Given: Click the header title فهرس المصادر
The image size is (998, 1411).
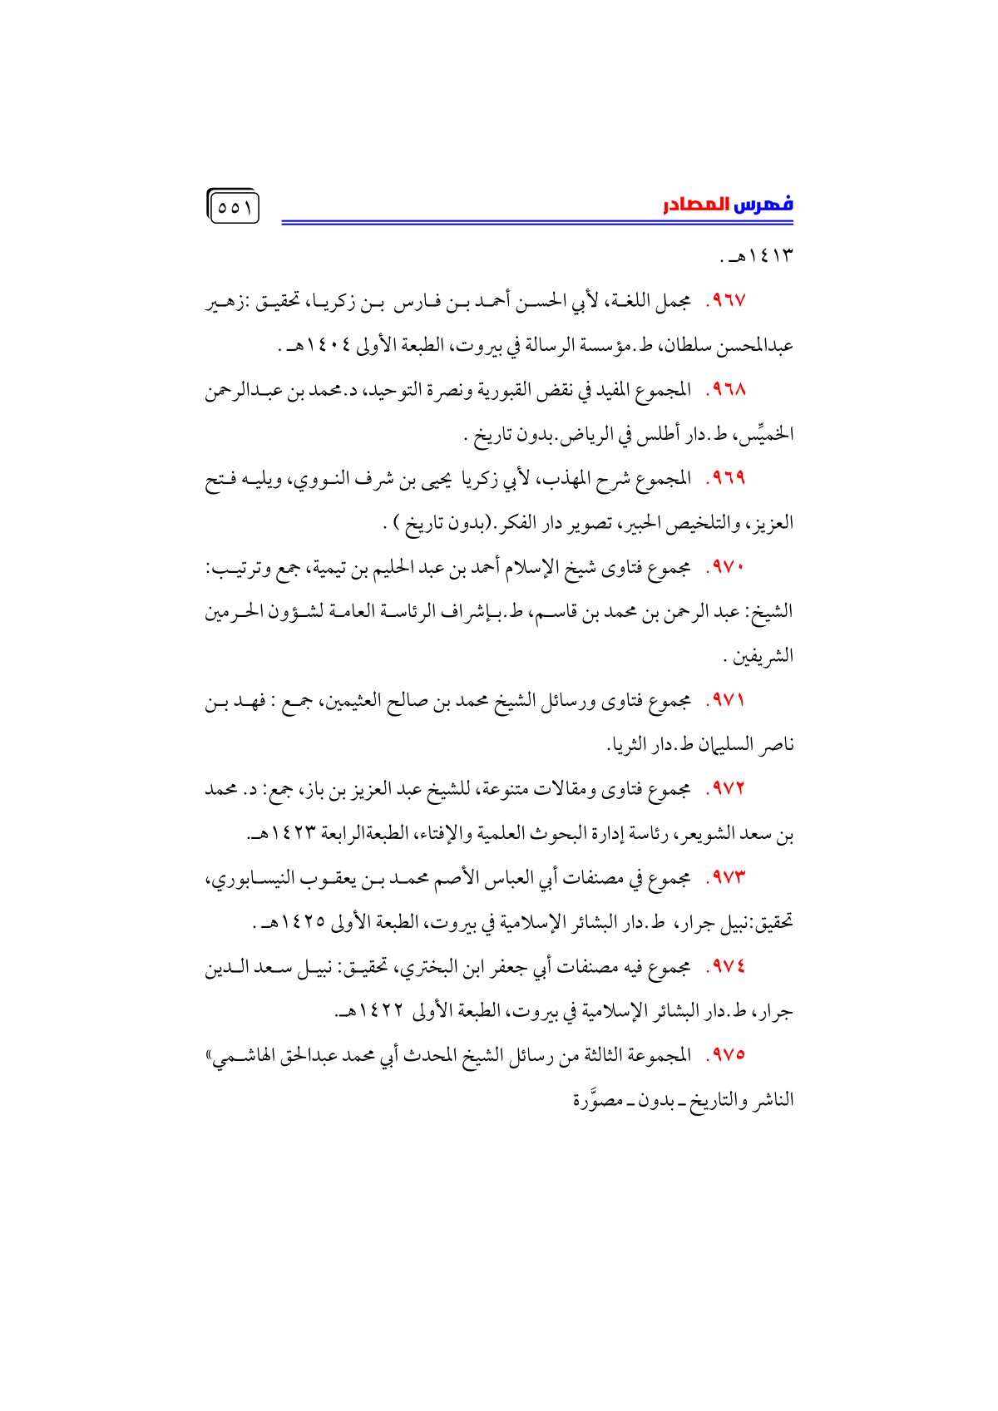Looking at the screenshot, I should [728, 205].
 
